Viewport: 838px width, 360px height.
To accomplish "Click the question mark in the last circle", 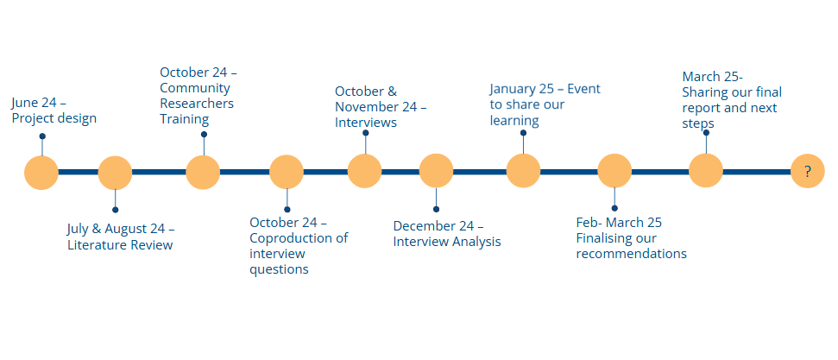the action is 808,172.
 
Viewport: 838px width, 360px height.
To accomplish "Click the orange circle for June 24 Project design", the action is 41,173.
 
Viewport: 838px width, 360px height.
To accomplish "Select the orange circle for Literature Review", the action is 115,173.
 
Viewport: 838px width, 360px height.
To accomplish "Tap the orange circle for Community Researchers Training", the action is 203,173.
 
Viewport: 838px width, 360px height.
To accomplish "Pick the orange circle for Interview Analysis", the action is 436,171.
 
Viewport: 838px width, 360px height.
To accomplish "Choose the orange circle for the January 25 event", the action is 523,171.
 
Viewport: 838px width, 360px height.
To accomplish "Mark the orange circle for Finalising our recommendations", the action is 614,171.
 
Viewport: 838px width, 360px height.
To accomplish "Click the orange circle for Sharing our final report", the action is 706,171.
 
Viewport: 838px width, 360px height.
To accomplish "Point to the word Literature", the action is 96,245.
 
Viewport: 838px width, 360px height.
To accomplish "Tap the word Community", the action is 195,88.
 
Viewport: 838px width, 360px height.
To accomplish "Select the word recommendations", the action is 631,254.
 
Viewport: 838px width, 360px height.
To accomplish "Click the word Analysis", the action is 476,242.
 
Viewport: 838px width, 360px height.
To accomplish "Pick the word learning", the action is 514,120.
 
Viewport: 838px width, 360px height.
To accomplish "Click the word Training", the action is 185,119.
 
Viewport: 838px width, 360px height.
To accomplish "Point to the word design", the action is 79,119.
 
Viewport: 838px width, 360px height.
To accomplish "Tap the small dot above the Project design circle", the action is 42,136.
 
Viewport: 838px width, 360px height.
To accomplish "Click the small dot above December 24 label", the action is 436,209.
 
